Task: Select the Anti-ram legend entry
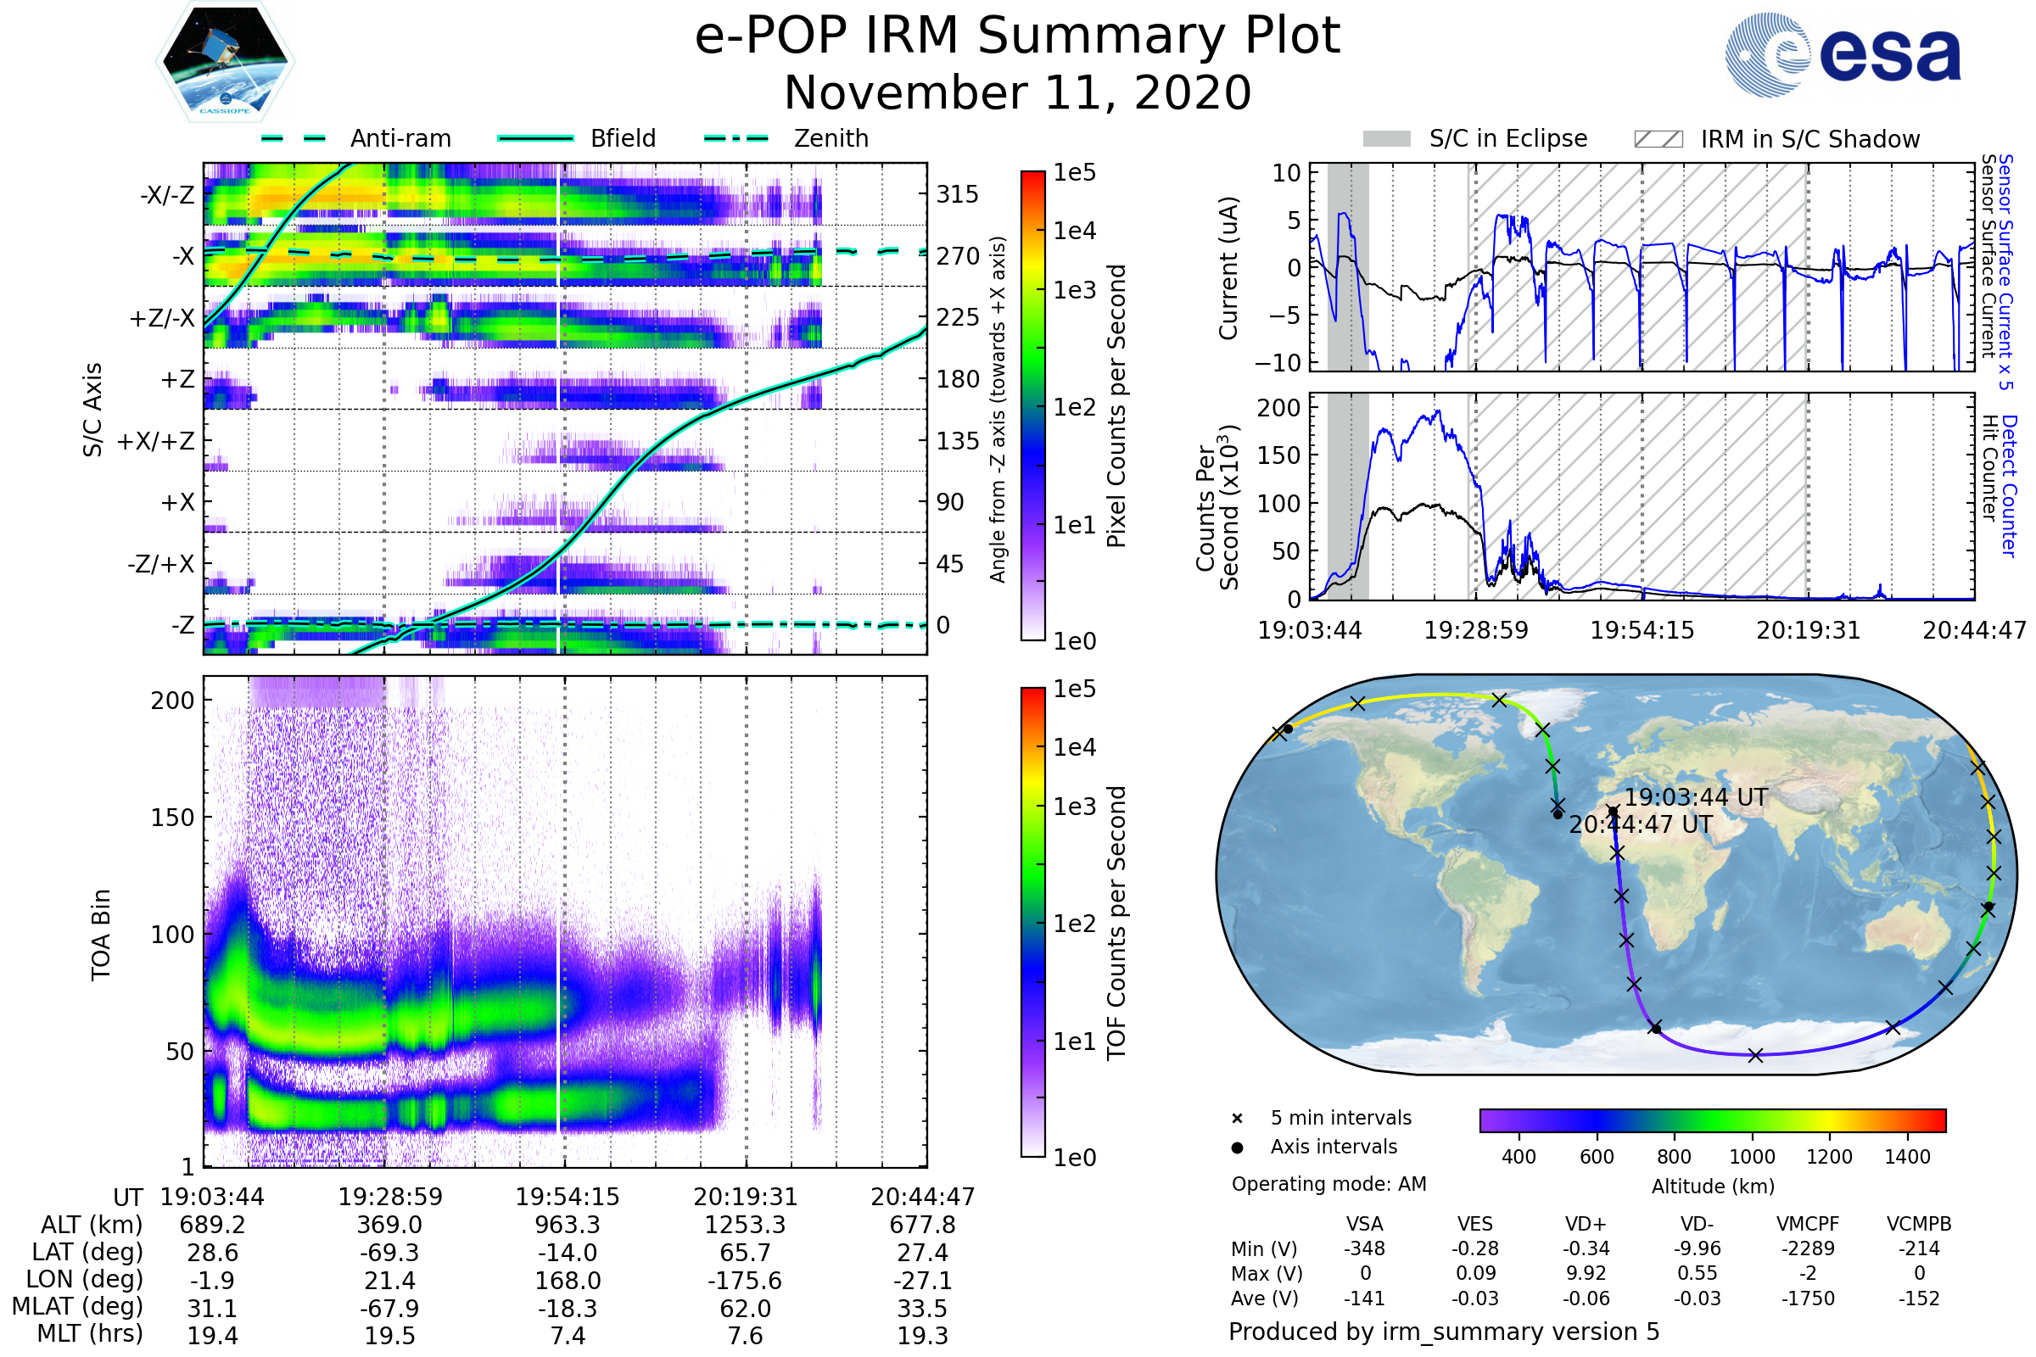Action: click(x=400, y=138)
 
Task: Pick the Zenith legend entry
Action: click(x=831, y=138)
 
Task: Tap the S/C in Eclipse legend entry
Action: click(x=1507, y=138)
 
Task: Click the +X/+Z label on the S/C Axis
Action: click(x=156, y=441)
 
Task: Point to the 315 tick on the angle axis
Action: click(x=957, y=194)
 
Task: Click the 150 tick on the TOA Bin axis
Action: click(x=172, y=818)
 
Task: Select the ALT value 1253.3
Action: click(x=745, y=1226)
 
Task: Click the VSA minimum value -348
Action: click(x=1364, y=1248)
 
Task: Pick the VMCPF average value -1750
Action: click(x=1808, y=1298)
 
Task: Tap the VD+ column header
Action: click(x=1586, y=1224)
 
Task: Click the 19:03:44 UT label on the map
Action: click(x=1695, y=797)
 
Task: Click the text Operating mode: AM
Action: click(x=1328, y=1184)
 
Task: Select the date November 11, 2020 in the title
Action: click(x=1017, y=92)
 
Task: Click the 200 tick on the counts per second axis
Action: click(x=1278, y=408)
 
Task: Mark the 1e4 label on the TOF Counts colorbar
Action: click(x=1074, y=747)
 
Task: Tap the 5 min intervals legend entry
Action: click(x=1340, y=1118)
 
